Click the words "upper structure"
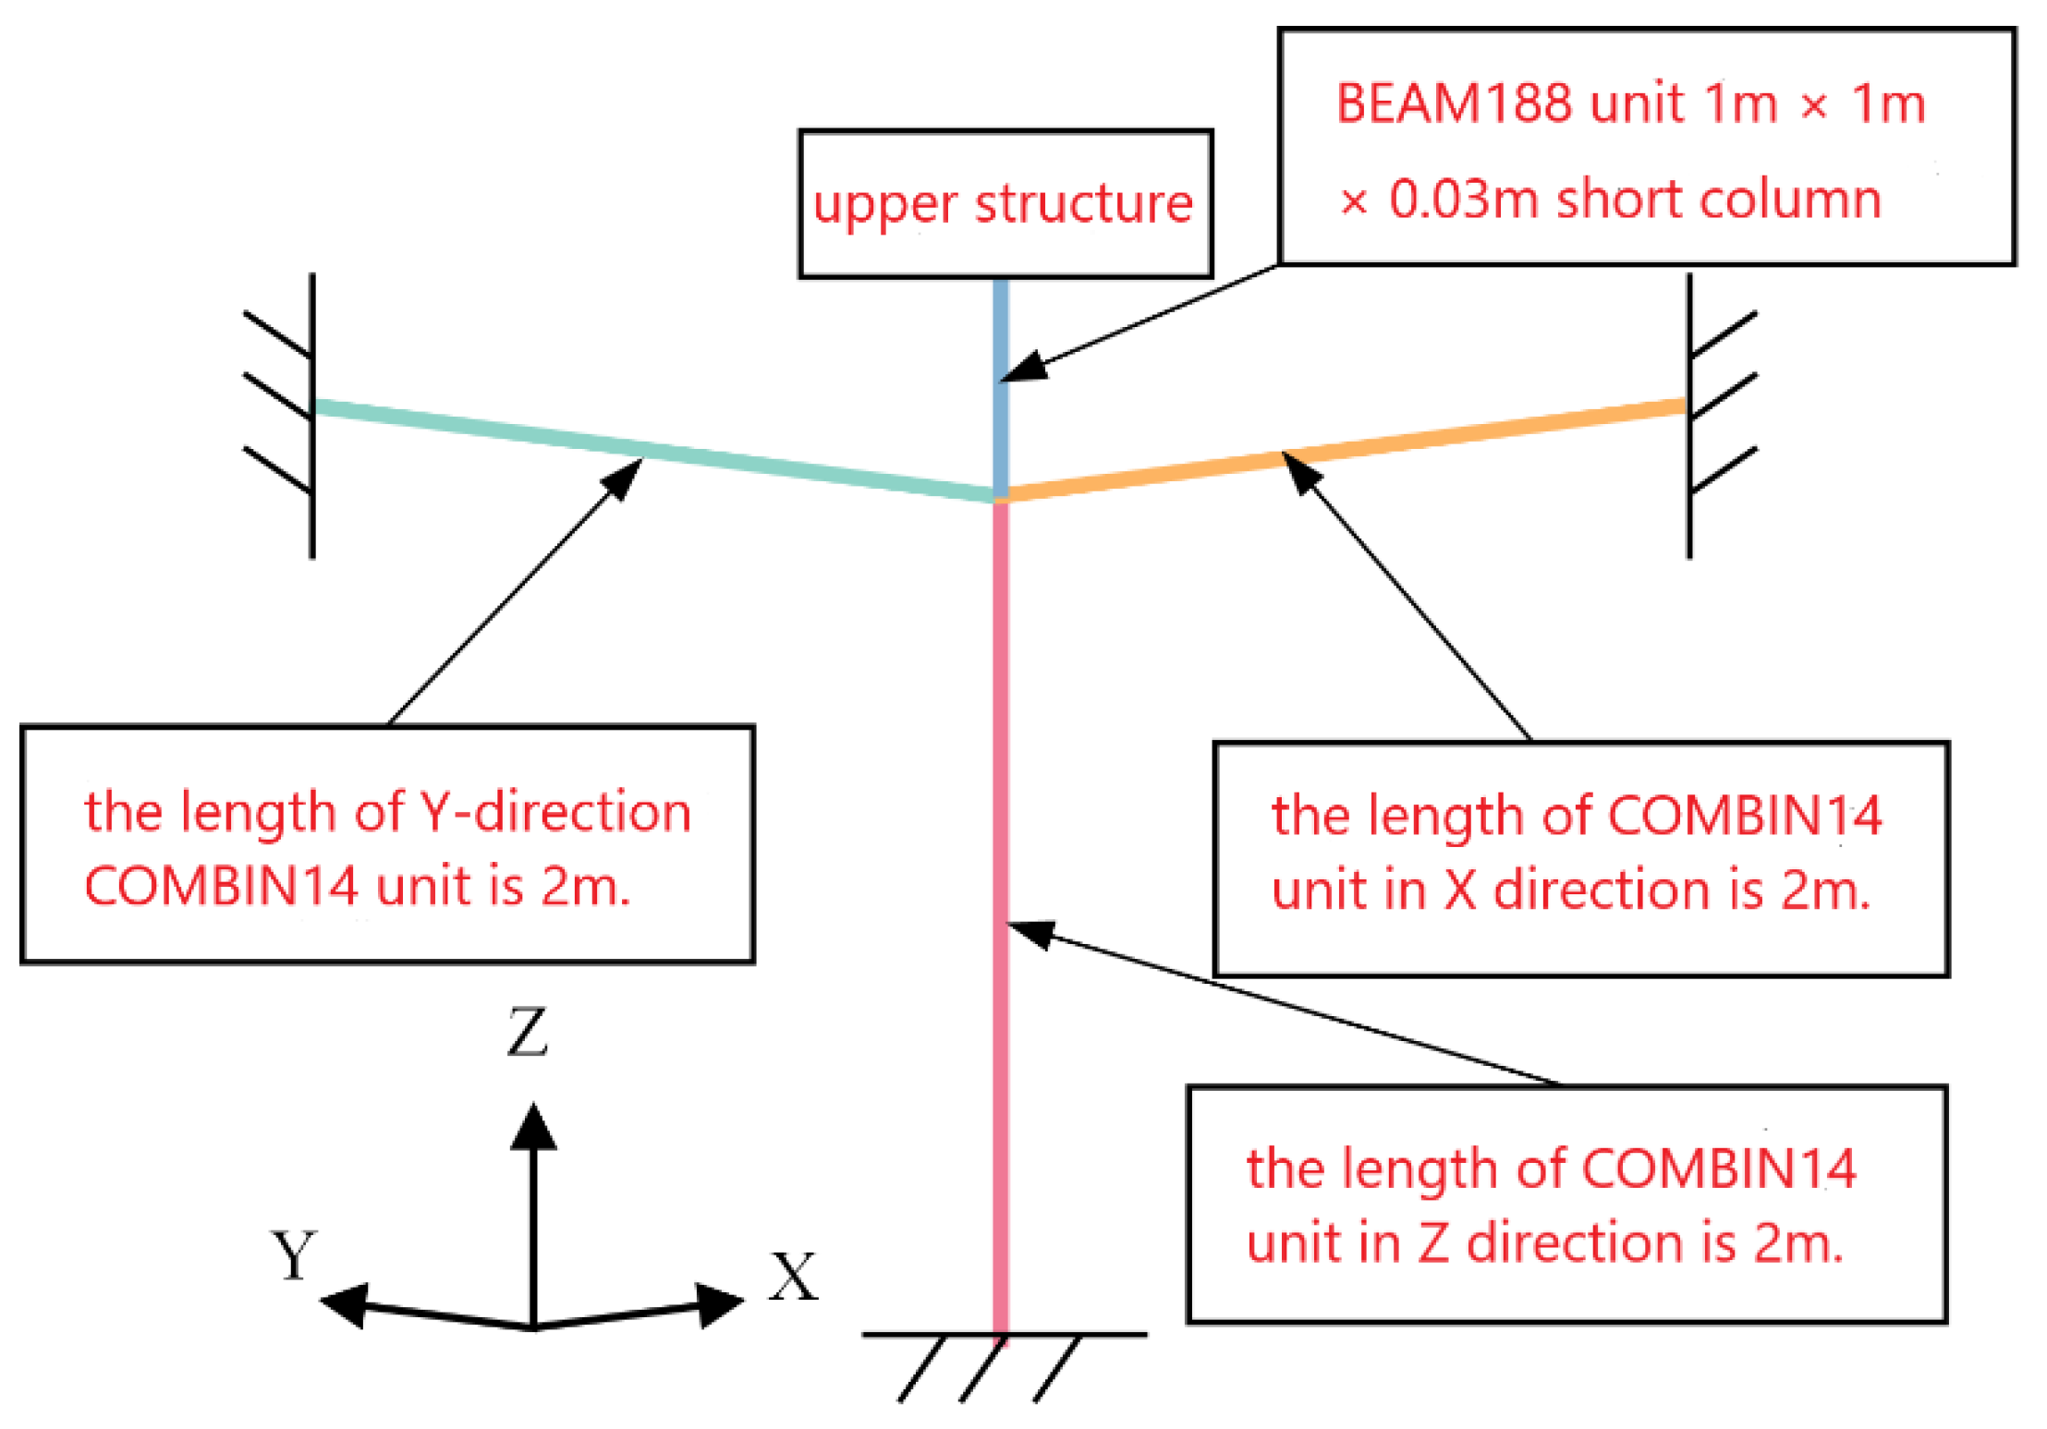pos(1004,204)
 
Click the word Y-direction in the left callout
pos(555,813)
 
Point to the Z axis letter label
pos(528,1032)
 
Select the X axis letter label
pos(793,1278)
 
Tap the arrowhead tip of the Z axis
pos(533,1108)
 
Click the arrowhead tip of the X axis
pos(739,1301)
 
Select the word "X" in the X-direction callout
pos(1459,890)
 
